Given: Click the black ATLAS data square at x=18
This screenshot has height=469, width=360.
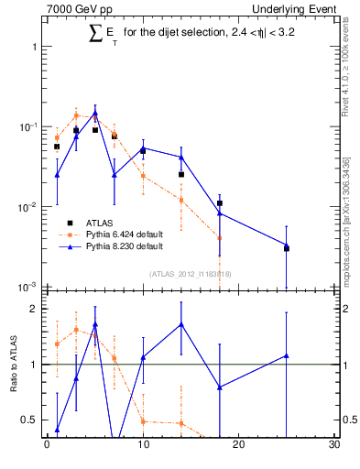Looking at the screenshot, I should point(220,203).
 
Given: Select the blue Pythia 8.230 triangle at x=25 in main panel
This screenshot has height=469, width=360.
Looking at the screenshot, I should point(287,245).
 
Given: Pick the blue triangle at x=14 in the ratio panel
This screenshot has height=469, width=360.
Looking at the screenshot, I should point(181,323).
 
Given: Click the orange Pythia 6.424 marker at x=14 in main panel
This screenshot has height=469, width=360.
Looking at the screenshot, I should point(181,200).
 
